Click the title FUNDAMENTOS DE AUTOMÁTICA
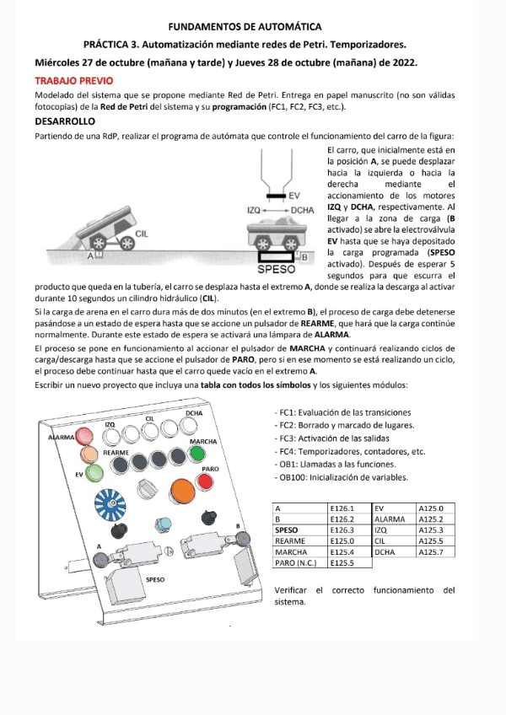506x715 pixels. pos(245,28)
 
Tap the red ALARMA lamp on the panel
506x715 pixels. pos(86,438)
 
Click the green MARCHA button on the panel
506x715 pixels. pos(197,454)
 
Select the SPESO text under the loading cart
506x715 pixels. pos(277,270)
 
